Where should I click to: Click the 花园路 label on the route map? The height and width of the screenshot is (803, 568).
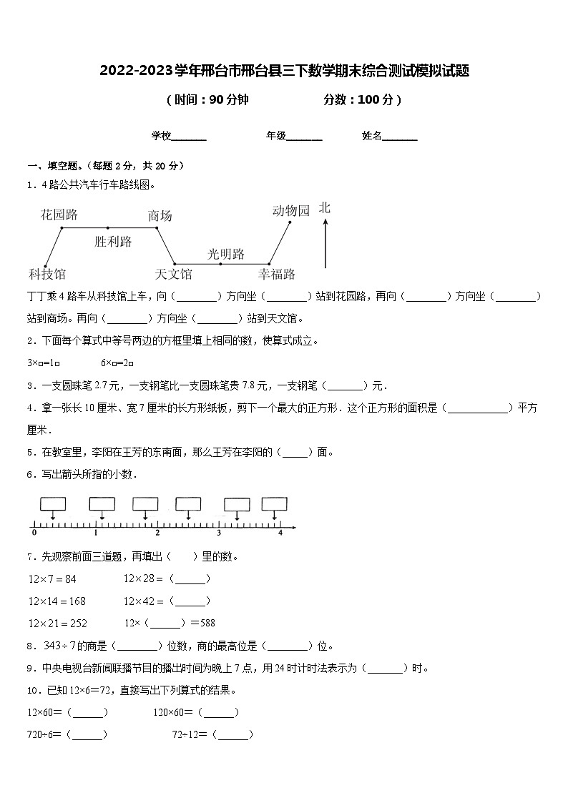coord(59,215)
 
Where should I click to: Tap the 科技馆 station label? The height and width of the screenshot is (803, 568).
coord(47,274)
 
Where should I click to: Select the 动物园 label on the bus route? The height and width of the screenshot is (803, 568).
coord(290,210)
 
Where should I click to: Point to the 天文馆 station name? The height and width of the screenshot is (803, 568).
coord(173,274)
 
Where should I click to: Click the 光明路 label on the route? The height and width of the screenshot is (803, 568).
coord(226,254)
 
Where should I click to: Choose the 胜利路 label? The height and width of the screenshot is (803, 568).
coord(113,242)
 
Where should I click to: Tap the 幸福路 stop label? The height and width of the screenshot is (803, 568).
coord(277,274)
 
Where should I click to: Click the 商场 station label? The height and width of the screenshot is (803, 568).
coord(160,216)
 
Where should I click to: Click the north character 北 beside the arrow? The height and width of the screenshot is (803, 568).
coord(325,208)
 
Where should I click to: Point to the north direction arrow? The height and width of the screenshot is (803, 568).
coord(325,243)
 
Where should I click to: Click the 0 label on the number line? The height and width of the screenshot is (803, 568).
coord(34,533)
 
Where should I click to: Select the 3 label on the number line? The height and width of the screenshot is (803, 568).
coord(219,533)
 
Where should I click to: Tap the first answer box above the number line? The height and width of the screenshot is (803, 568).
coord(53,504)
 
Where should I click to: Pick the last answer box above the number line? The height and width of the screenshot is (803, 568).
coord(274,504)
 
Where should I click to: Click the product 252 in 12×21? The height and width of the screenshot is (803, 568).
coord(78,623)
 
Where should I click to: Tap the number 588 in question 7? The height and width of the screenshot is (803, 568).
coord(206,623)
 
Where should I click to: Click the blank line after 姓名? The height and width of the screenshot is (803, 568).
coord(400,136)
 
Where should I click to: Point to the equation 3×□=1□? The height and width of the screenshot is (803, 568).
coord(44,363)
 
